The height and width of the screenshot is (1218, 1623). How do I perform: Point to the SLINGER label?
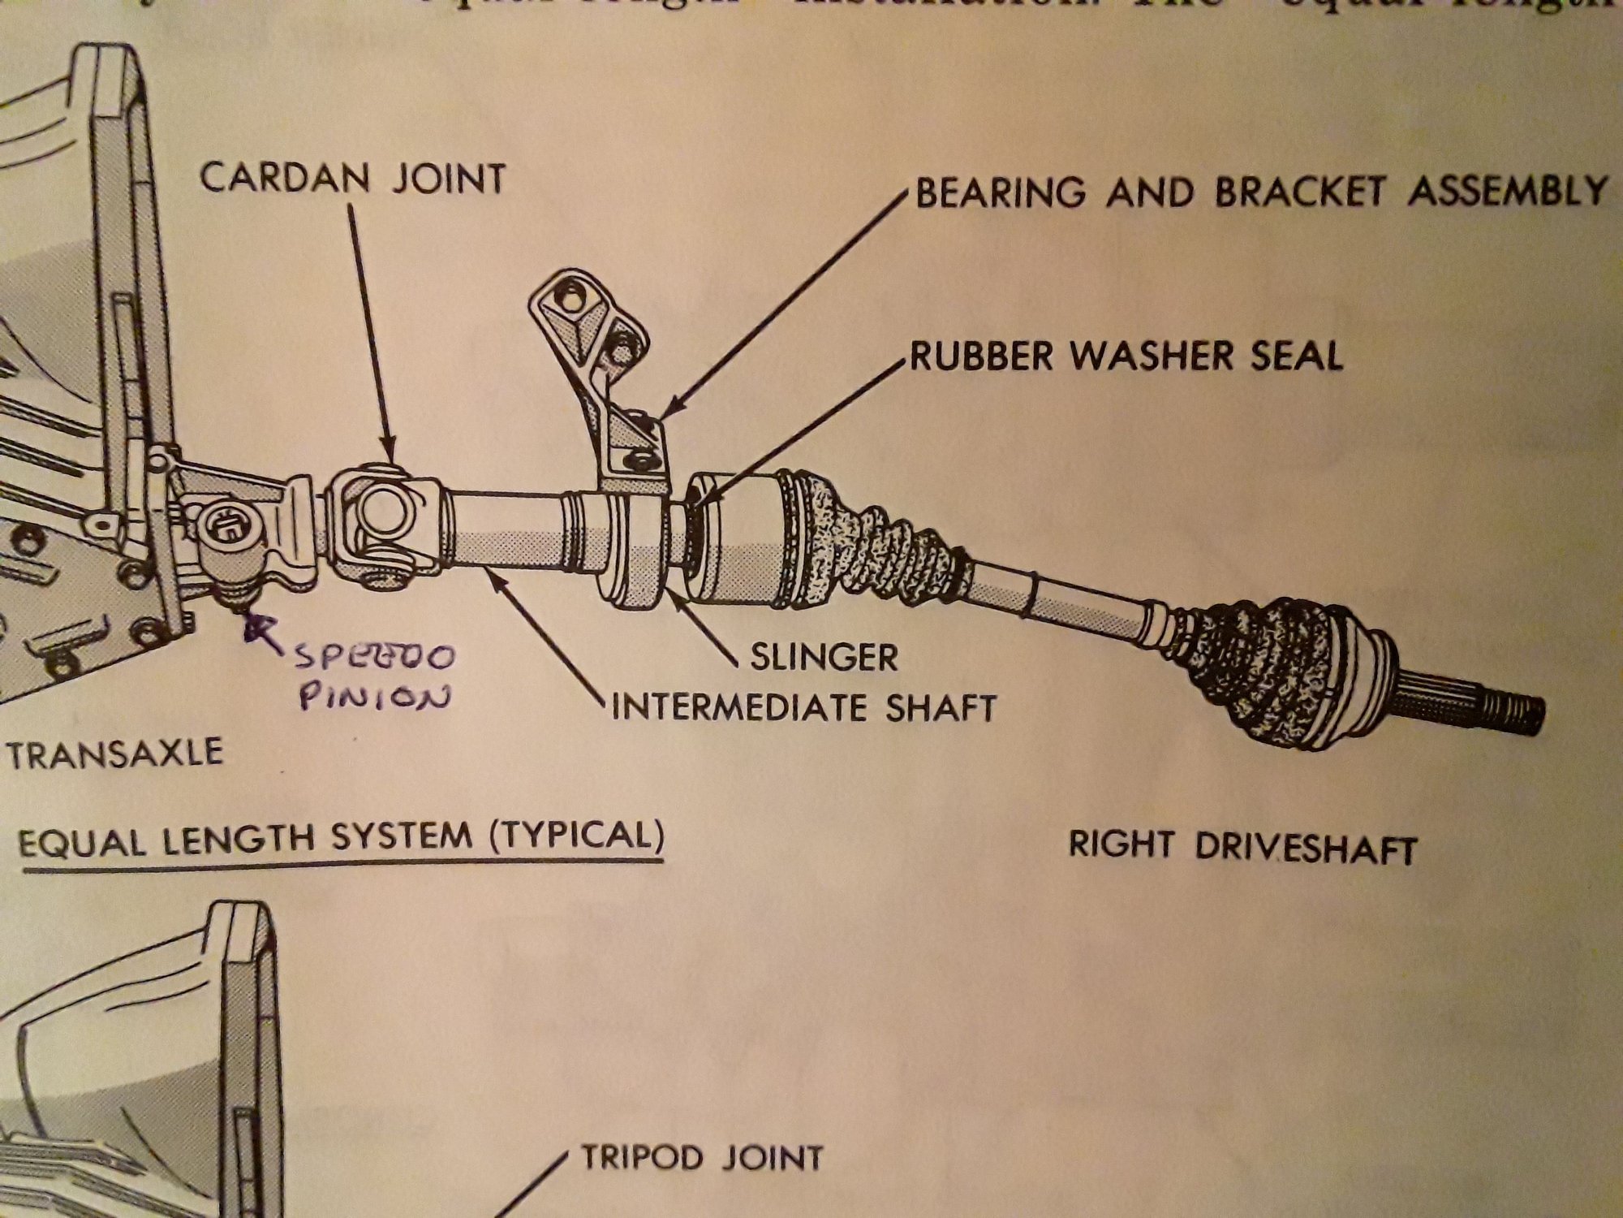pyautogui.click(x=824, y=657)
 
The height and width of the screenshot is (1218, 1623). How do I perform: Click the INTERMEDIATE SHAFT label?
pyautogui.click(x=803, y=708)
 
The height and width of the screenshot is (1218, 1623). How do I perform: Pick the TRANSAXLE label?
pyautogui.click(x=114, y=753)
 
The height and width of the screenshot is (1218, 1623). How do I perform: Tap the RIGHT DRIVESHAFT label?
pyautogui.click(x=1242, y=847)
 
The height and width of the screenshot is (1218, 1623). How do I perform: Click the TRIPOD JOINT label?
pyautogui.click(x=702, y=1158)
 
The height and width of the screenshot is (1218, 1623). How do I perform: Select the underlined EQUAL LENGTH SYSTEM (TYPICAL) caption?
pyautogui.click(x=341, y=836)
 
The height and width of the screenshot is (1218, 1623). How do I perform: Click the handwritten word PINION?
pyautogui.click(x=374, y=696)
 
